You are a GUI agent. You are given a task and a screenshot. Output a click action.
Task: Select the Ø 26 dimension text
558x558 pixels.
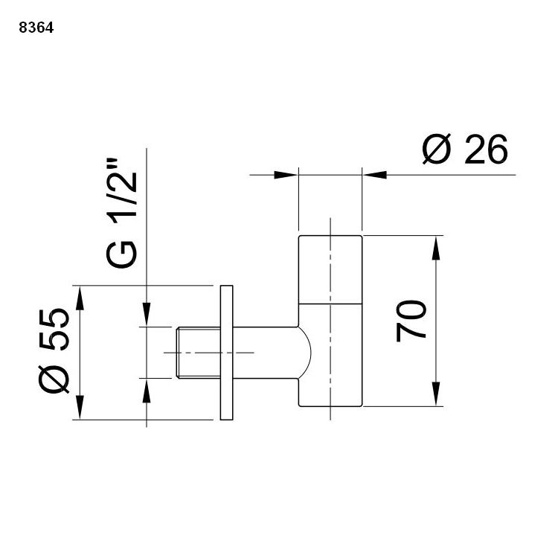[x=465, y=150]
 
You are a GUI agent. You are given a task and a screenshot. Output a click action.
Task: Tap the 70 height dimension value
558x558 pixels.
[x=411, y=321]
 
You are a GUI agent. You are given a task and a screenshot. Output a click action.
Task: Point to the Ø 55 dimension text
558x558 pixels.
[x=54, y=351]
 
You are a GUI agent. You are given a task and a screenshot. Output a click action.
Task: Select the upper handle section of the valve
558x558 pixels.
[x=330, y=269]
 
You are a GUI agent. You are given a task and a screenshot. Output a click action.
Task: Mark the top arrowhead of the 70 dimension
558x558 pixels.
[x=435, y=245]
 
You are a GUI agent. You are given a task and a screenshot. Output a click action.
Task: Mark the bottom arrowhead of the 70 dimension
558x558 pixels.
[x=435, y=397]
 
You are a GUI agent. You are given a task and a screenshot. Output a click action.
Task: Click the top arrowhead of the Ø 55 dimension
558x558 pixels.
[x=78, y=293]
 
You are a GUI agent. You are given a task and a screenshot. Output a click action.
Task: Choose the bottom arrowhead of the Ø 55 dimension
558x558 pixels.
[x=78, y=411]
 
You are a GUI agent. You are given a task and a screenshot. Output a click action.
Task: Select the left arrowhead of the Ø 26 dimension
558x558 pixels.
[x=287, y=175]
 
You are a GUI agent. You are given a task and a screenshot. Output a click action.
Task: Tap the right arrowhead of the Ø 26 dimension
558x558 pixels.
[x=372, y=175]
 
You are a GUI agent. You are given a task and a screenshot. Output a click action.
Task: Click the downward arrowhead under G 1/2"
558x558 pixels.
[x=147, y=315]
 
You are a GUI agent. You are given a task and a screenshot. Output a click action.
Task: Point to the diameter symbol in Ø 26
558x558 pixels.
[x=437, y=150]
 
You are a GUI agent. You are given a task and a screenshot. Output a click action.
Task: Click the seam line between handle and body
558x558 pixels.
[x=330, y=304]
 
